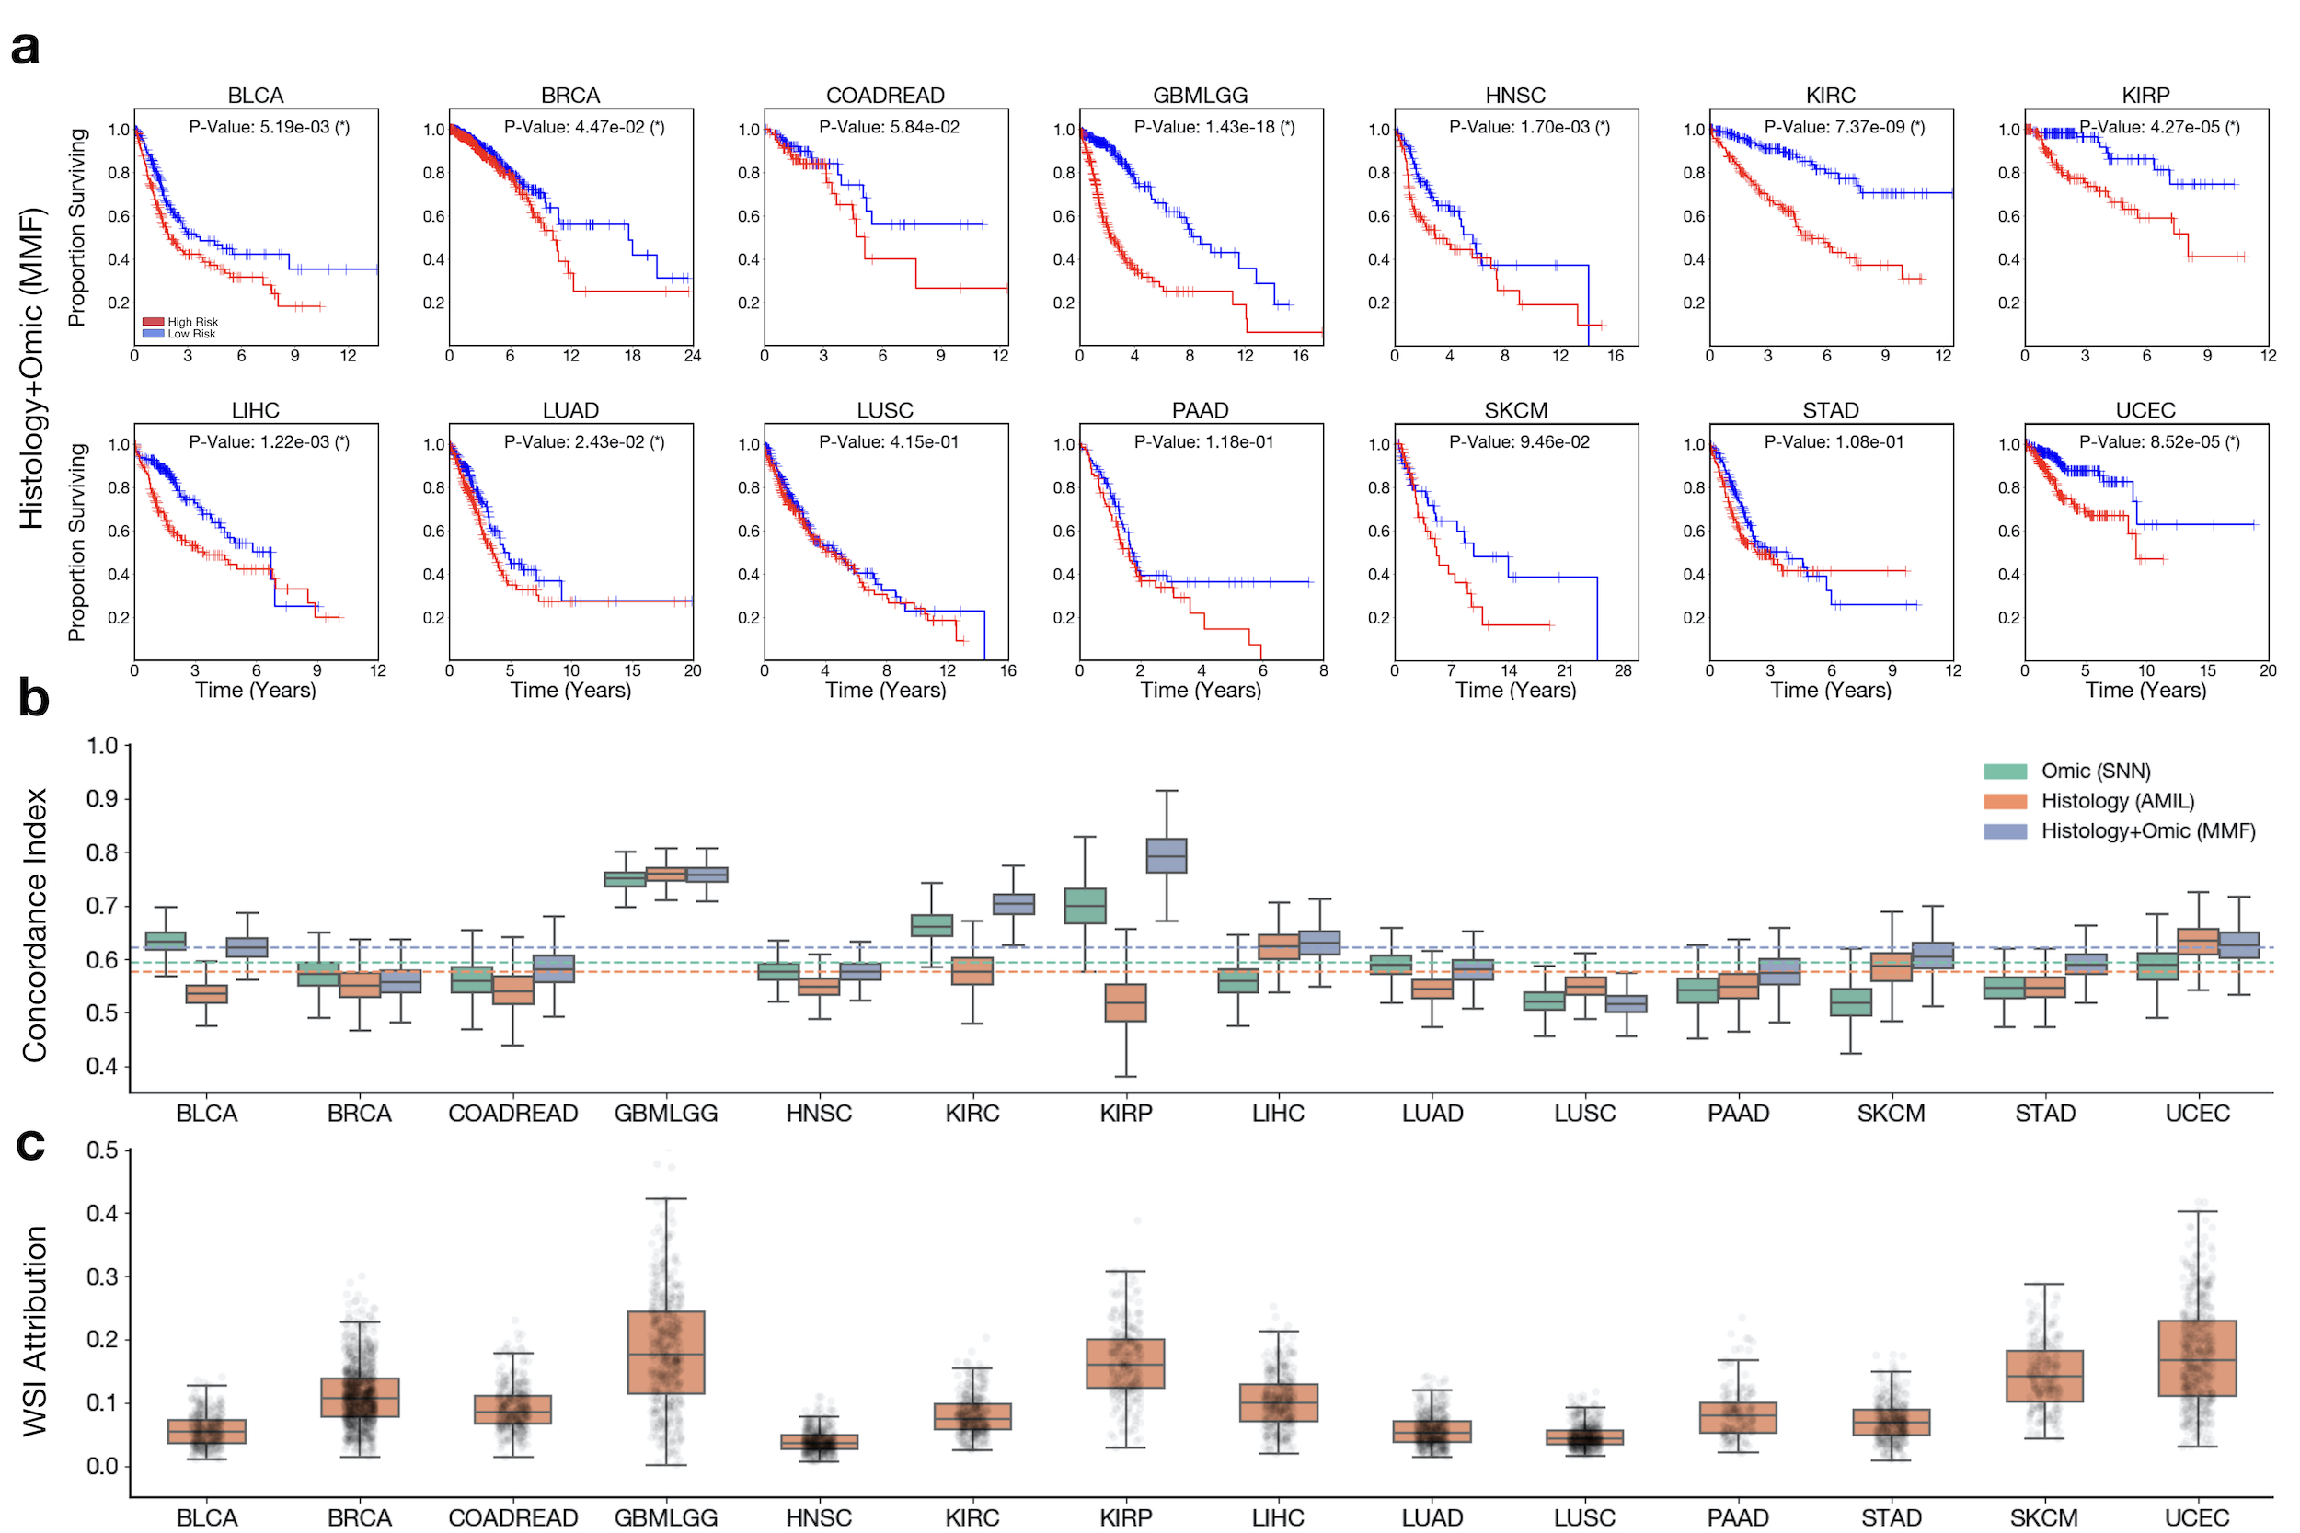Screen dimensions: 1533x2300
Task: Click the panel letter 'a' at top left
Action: [26, 47]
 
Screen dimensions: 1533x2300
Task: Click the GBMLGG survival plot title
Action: [1200, 95]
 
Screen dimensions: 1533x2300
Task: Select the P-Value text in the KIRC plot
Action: [1844, 127]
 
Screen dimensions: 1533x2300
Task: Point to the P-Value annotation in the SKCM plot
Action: [1519, 442]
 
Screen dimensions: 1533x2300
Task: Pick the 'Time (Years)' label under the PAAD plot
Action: [1200, 691]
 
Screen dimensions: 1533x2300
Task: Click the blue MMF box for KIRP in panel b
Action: [1166, 855]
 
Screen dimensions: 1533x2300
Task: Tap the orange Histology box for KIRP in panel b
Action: [1125, 1003]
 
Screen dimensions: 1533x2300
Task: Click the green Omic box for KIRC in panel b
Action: [932, 925]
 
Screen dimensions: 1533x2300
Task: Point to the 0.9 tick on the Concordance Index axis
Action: [102, 799]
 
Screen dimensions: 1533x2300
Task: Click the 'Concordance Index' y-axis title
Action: [35, 925]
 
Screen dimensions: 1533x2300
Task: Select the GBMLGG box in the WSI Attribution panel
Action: [666, 1352]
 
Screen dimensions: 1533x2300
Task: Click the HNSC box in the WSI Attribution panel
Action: [820, 1442]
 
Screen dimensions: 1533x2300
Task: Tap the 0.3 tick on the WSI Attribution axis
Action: [102, 1276]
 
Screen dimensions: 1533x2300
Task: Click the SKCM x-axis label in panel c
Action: [2044, 1517]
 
